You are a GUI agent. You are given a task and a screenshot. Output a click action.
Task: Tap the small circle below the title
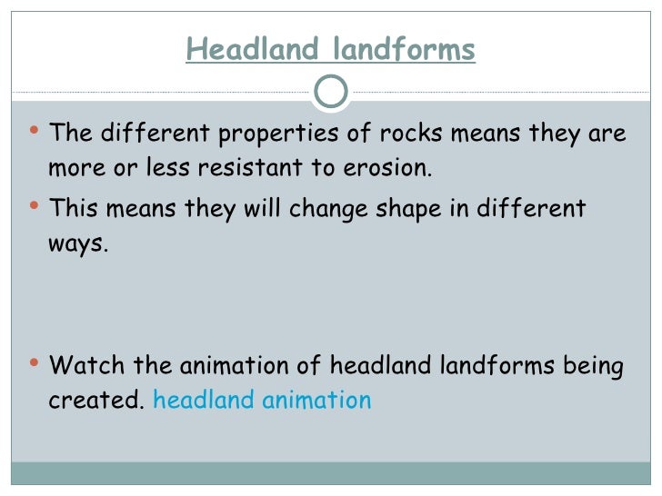tap(330, 90)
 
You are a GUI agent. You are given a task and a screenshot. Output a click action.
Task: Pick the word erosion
tap(386, 169)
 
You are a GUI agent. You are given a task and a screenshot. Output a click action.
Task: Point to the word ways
tap(78, 244)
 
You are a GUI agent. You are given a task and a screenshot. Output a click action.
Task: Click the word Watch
tap(86, 366)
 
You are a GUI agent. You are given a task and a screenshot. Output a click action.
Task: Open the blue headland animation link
tap(262, 401)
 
